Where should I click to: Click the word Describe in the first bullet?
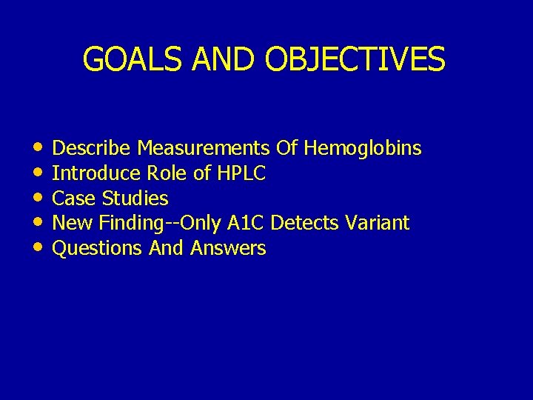93,149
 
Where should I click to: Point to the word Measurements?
204,149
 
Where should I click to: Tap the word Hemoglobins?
362,149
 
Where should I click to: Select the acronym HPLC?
241,174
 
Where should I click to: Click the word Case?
75,199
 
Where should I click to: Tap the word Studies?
135,199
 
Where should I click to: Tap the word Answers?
228,248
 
